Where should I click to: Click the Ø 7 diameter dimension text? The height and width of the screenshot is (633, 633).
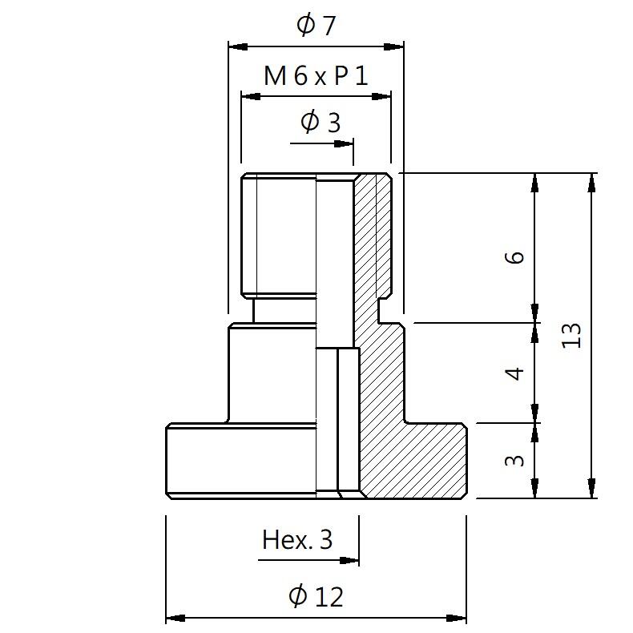(316, 25)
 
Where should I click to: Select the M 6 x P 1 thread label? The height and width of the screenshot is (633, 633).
(316, 77)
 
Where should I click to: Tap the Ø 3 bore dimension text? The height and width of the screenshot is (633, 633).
(321, 123)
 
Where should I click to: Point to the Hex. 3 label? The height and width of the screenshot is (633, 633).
(297, 539)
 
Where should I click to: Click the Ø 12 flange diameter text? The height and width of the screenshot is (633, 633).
(316, 596)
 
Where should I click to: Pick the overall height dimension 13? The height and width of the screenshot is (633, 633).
(571, 335)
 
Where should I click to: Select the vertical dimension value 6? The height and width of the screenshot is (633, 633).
(517, 256)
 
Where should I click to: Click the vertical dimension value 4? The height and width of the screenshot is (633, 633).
(517, 373)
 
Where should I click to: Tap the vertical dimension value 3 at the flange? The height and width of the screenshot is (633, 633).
(517, 460)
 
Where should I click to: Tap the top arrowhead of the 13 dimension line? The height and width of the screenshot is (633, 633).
(592, 182)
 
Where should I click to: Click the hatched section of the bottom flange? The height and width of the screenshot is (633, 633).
(413, 461)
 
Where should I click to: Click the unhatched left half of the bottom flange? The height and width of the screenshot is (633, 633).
(240, 461)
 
